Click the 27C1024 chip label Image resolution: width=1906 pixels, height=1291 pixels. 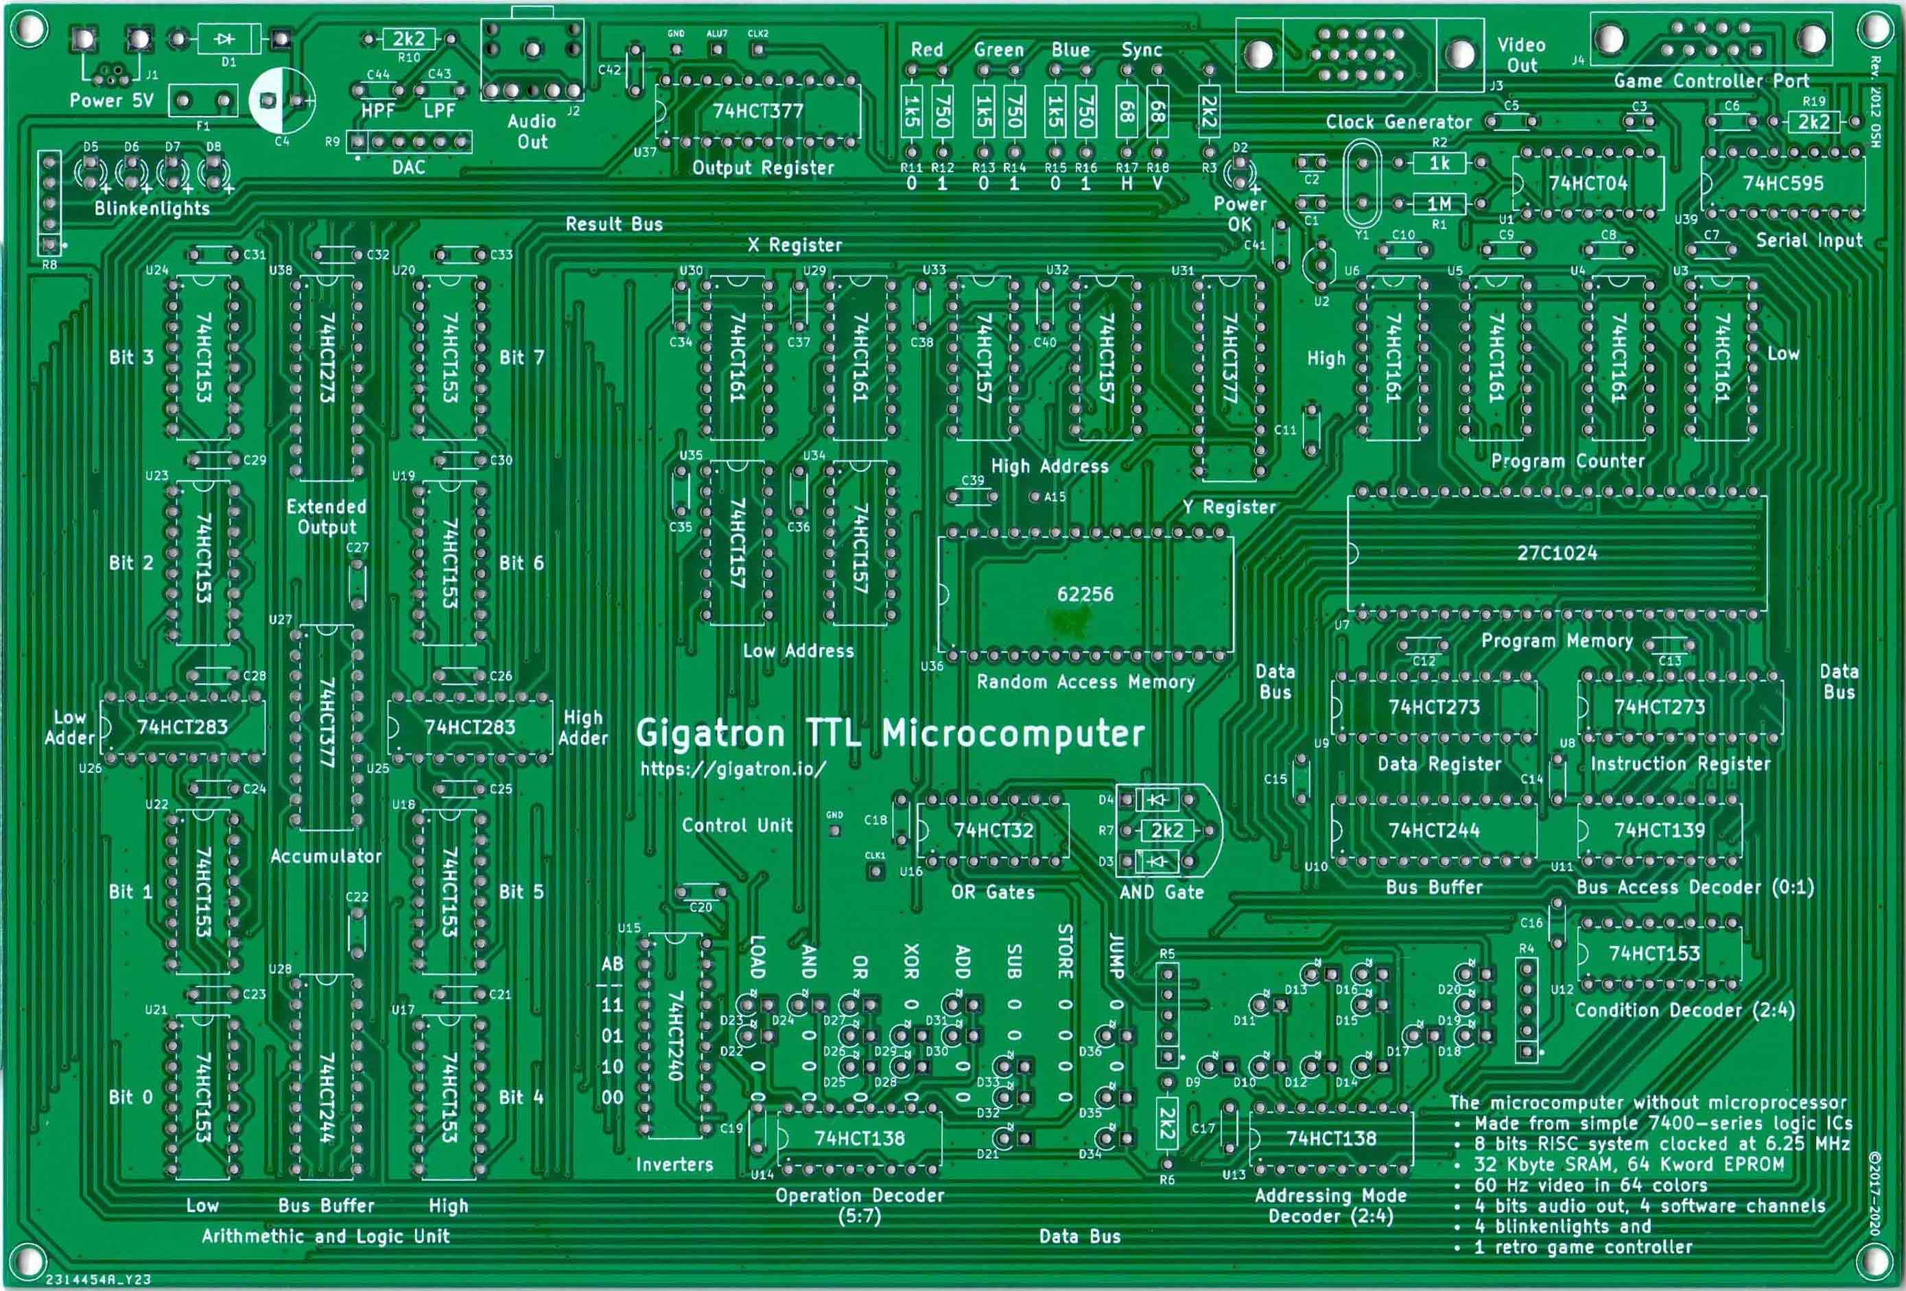pyautogui.click(x=1556, y=553)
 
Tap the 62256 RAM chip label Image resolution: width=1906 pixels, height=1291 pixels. pyautogui.click(x=1084, y=594)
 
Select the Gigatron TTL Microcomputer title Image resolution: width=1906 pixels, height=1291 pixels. pyautogui.click(x=890, y=733)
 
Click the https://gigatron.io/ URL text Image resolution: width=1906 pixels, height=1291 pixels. pyautogui.click(x=732, y=768)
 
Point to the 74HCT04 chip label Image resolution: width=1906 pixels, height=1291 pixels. pyautogui.click(x=1588, y=183)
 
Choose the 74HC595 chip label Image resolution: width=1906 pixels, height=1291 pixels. pyautogui.click(x=1783, y=183)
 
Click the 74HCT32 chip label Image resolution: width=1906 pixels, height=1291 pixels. pyautogui.click(x=993, y=830)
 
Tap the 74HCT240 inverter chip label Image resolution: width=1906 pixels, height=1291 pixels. pyautogui.click(x=675, y=1035)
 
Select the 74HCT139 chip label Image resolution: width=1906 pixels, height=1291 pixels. pyautogui.click(x=1659, y=830)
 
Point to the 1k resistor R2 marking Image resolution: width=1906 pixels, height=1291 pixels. pyautogui.click(x=1439, y=163)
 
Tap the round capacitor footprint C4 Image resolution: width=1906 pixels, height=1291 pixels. pyautogui.click(x=281, y=100)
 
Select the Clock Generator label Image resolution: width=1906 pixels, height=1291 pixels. pyautogui.click(x=1398, y=122)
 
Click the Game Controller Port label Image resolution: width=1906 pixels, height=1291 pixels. pyautogui.click(x=1711, y=81)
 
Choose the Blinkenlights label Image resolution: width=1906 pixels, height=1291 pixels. pyautogui.click(x=152, y=209)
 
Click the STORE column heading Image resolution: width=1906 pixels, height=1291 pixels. pyautogui.click(x=1065, y=951)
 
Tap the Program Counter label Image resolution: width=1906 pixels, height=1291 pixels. pyautogui.click(x=1567, y=461)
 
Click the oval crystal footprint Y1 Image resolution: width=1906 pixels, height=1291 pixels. pyautogui.click(x=1361, y=184)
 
